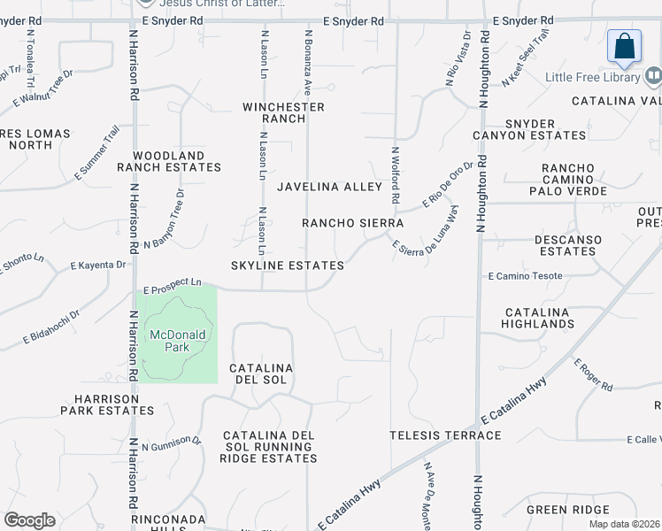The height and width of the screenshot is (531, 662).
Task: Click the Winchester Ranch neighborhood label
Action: pos(283,112)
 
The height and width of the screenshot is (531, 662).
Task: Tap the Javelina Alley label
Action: pos(328,187)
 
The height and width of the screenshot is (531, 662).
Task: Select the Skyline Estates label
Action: pos(288,265)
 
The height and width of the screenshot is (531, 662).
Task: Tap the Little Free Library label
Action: pos(592,78)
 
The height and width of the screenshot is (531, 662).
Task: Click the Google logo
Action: pos(29,520)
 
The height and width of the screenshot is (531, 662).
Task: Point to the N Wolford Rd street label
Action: pos(396,174)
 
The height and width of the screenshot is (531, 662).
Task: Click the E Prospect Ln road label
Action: pos(173,285)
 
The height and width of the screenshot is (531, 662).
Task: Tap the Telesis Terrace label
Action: pos(445,435)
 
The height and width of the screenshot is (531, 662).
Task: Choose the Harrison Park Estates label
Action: pos(107,404)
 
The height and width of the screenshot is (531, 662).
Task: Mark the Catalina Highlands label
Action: pos(539,319)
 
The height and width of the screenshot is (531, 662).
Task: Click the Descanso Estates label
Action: pos(568,245)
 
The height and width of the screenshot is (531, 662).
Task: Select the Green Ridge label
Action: pos(567,510)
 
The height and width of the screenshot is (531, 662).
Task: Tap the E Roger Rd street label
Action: pos(593,375)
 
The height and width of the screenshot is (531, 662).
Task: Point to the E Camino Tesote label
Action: pos(525,276)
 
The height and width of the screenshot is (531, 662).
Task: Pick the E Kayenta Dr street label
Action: pos(97,265)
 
